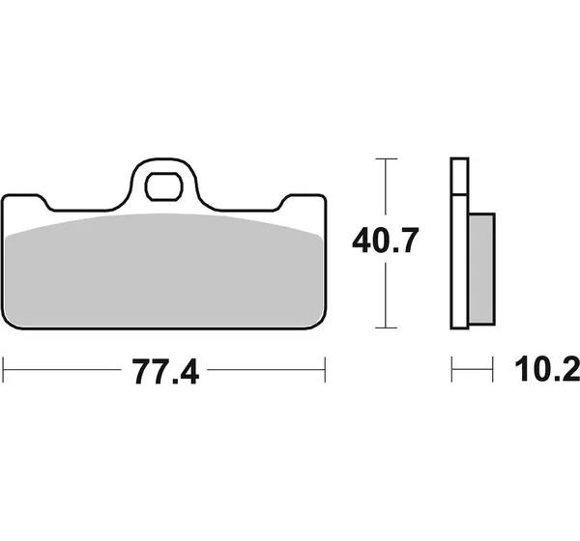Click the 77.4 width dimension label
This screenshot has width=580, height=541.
click(x=165, y=372)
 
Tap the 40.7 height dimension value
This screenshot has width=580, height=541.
click(x=386, y=241)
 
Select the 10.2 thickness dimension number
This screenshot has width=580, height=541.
click(x=547, y=369)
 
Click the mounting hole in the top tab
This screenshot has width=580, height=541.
click(x=164, y=186)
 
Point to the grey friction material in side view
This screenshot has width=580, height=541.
click(x=481, y=269)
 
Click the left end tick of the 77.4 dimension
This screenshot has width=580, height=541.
click(x=3, y=369)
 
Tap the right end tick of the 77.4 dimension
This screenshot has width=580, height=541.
click(x=325, y=369)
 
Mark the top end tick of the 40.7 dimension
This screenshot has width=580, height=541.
click(x=386, y=158)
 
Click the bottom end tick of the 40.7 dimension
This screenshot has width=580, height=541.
click(x=386, y=327)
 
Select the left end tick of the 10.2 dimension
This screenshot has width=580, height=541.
click(x=452, y=369)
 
